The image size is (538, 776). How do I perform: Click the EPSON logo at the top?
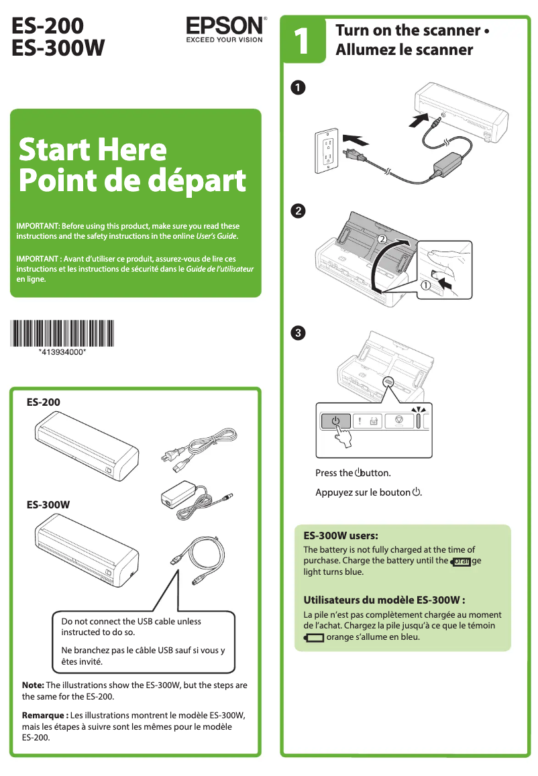[224, 27]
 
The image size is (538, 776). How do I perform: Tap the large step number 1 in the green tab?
[301, 41]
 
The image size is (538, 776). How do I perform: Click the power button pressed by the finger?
[335, 421]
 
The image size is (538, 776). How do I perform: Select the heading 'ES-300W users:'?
[341, 536]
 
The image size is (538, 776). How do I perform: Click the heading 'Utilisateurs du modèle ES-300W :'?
[384, 600]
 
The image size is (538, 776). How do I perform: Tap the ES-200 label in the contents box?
[43, 402]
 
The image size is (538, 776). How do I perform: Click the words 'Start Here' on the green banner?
[93, 148]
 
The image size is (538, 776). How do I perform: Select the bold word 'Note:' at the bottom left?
[33, 685]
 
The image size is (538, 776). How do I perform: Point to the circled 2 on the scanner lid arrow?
[382, 238]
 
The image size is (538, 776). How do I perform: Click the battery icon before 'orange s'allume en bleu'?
[313, 637]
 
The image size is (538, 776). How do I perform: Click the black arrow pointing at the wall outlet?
[355, 140]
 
